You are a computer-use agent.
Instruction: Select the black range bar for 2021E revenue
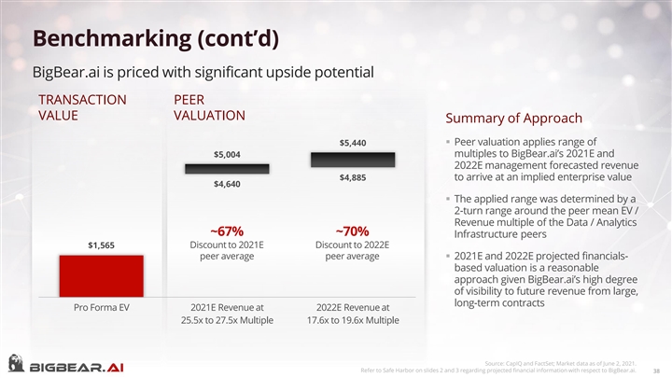coord(227,168)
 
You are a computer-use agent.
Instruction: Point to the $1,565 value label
coord(101,245)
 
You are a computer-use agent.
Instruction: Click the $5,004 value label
coord(227,154)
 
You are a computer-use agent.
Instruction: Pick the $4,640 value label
coord(227,183)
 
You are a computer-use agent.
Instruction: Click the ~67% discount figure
coord(227,231)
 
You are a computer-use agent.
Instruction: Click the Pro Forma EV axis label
coord(101,306)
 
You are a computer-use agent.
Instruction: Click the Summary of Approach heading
coord(514,119)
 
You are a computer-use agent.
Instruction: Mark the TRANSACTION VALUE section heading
coord(82,106)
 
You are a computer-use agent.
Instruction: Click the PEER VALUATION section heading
coord(209,106)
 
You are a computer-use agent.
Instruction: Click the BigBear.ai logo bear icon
coord(16,363)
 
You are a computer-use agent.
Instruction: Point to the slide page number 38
coord(657,369)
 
